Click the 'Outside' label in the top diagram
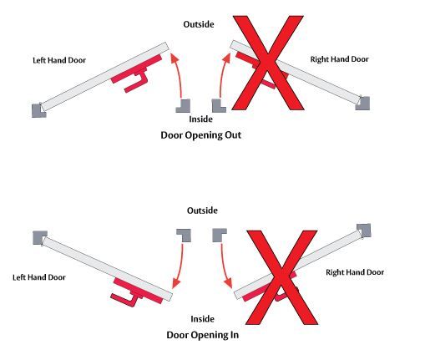[199, 24]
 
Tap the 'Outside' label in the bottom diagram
[202, 210]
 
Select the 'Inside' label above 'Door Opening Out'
[200, 119]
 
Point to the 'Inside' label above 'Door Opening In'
[202, 319]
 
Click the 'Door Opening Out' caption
[200, 135]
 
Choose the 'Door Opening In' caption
[202, 335]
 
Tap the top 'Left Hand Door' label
[59, 60]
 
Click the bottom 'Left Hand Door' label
[39, 277]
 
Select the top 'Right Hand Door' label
[339, 59]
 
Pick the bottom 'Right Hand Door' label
[355, 272]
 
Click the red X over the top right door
[267, 63]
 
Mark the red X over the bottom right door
[281, 277]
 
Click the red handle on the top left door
[136, 73]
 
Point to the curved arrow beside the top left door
[179, 76]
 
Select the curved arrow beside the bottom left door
[180, 266]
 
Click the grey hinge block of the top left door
[38, 110]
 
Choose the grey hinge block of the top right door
[363, 104]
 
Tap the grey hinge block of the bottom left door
[40, 238]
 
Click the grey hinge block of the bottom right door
[364, 231]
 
